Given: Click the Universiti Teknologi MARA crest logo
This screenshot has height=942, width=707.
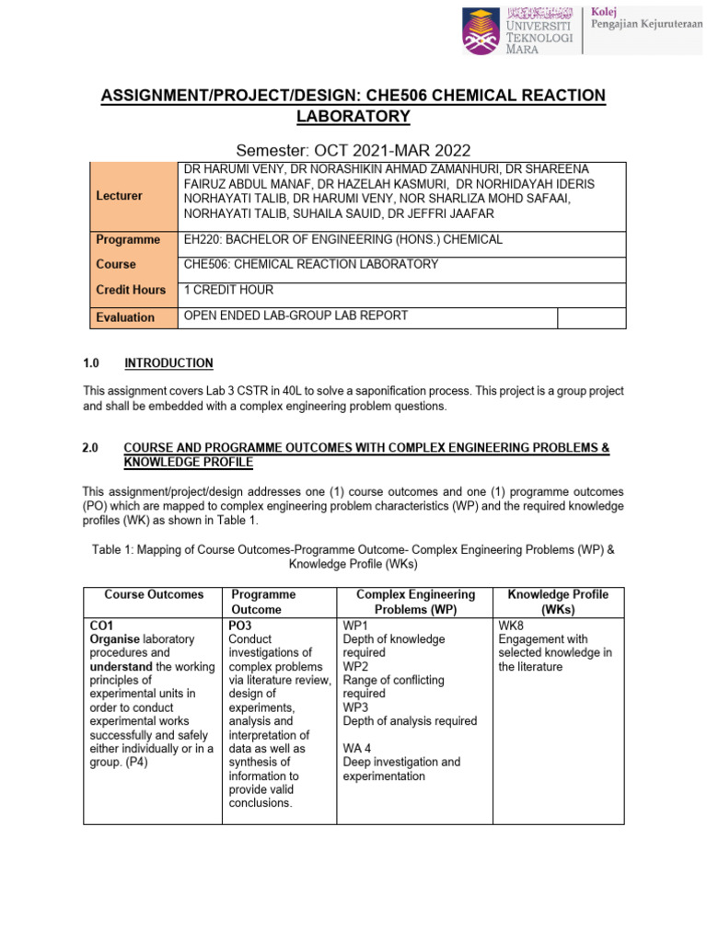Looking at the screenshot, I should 481,29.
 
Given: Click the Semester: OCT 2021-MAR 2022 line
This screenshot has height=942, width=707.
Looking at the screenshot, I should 353,150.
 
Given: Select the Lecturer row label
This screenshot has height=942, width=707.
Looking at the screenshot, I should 119,196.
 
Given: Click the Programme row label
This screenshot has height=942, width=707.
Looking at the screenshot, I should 128,239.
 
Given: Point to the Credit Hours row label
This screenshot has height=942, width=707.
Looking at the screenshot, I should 131,290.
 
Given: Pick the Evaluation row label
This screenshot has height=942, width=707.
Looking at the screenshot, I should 125,317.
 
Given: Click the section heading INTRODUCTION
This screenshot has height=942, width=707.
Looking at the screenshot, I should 168,363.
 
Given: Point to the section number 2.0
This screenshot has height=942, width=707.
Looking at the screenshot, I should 91,447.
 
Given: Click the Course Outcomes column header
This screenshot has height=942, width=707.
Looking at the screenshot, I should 154,594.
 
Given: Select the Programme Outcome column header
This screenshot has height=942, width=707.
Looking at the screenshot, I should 263,602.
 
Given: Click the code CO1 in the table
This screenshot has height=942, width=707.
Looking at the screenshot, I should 101,625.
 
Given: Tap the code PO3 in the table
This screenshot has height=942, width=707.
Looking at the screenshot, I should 241,625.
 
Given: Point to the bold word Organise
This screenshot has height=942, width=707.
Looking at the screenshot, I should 115,638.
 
